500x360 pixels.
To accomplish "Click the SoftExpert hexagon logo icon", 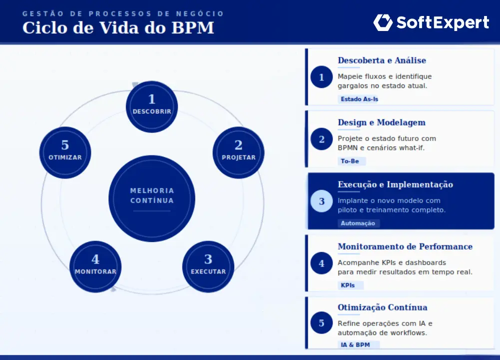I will tap(383, 22).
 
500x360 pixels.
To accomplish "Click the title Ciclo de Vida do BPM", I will tap(118, 28).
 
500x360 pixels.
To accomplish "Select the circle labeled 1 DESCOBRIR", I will tap(152, 106).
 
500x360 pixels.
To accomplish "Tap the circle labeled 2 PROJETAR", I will tap(238, 152).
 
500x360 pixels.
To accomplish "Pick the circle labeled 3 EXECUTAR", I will tap(208, 266).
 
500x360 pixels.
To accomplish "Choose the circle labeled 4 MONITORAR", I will tap(95, 266).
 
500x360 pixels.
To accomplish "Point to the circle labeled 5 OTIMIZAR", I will tap(65, 152).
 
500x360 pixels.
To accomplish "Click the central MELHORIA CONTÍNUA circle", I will tap(152, 198).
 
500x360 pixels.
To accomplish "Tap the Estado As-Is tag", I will tap(359, 99).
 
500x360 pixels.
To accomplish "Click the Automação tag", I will tap(358, 223).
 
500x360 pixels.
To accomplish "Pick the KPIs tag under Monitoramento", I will tap(350, 285).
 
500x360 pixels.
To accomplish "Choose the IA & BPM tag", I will tap(358, 344).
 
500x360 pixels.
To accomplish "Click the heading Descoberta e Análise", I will tap(382, 60).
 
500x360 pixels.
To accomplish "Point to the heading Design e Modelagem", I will tap(382, 122).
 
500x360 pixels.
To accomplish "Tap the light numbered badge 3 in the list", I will tap(321, 201).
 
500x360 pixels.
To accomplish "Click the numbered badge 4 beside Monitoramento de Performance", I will tap(321, 263).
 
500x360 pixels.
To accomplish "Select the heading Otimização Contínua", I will tap(382, 307).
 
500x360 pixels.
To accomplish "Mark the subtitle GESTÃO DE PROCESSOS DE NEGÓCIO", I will tap(123, 13).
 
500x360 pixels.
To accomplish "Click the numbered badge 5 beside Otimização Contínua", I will tap(321, 323).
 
